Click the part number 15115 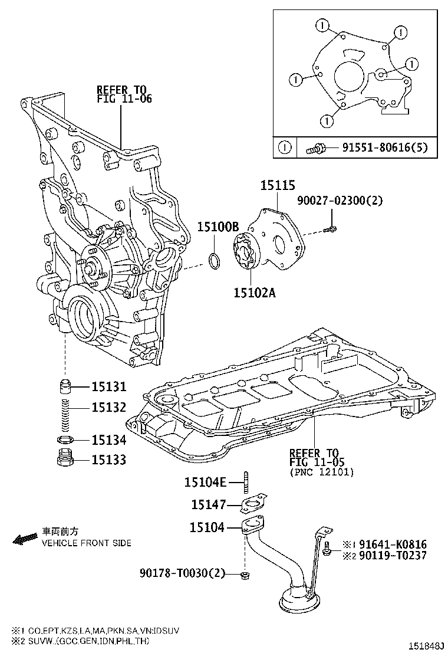[278, 185]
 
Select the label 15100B [218, 227]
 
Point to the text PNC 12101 [322, 471]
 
